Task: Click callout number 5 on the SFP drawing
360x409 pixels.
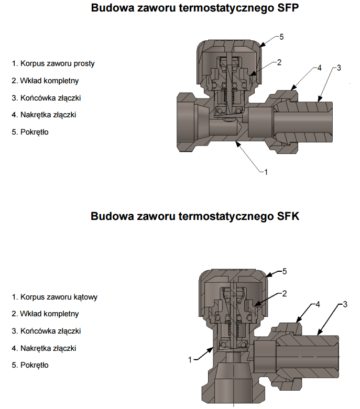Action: [281, 37]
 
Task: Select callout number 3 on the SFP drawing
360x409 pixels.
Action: [339, 68]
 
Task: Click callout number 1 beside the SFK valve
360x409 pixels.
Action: [190, 359]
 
